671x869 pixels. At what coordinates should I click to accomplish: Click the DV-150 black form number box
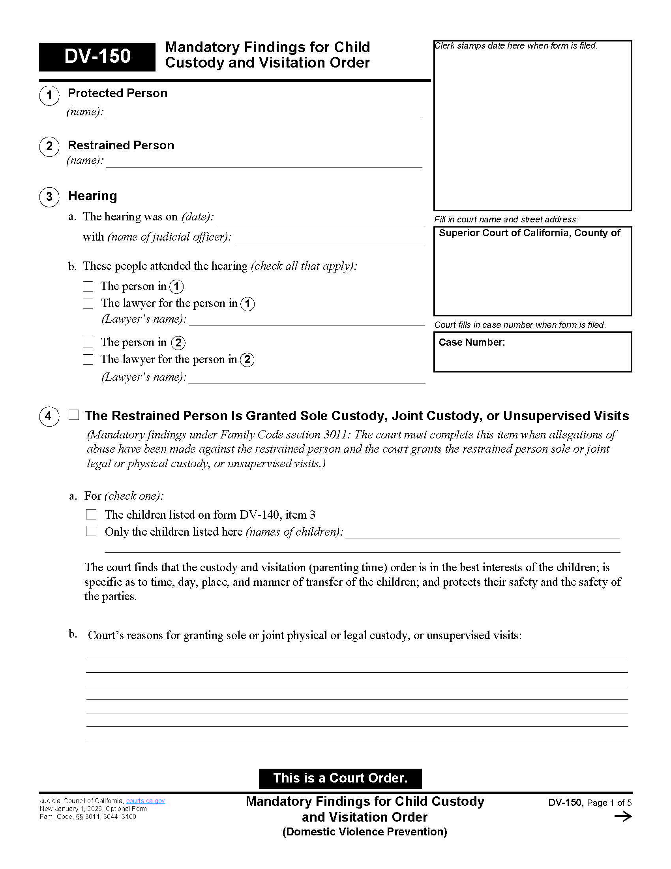point(97,56)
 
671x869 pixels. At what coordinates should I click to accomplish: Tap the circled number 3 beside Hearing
point(49,197)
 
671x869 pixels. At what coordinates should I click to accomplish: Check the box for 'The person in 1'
point(88,286)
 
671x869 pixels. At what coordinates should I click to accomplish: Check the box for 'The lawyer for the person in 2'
point(88,359)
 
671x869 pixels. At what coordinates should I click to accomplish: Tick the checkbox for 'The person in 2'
point(88,342)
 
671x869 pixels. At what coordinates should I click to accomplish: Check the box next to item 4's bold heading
point(74,415)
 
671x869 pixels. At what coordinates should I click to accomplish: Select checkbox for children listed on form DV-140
point(91,514)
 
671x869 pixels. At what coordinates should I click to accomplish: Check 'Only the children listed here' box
point(91,531)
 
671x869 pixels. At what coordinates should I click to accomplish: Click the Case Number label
point(471,342)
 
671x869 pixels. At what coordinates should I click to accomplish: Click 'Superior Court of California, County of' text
point(529,233)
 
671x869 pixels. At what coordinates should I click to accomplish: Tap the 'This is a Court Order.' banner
point(340,778)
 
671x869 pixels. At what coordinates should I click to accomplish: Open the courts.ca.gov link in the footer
point(145,801)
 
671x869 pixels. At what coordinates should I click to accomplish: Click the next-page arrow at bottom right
point(622,817)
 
